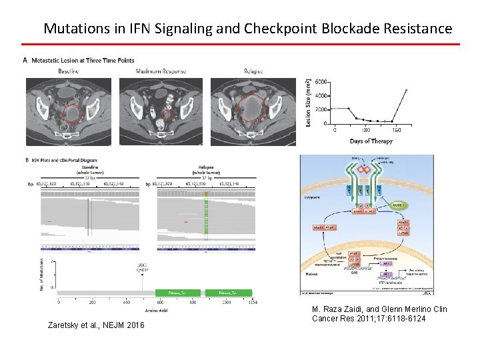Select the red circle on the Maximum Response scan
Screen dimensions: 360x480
click(x=168, y=115)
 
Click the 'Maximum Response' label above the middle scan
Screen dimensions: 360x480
click(x=161, y=71)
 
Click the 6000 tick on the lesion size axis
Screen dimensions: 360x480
click(x=321, y=82)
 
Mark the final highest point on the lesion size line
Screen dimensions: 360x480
click(x=405, y=89)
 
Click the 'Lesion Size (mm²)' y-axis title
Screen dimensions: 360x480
click(x=308, y=102)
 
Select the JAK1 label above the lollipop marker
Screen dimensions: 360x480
click(x=142, y=265)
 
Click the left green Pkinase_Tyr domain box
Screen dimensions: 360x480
click(x=177, y=293)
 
